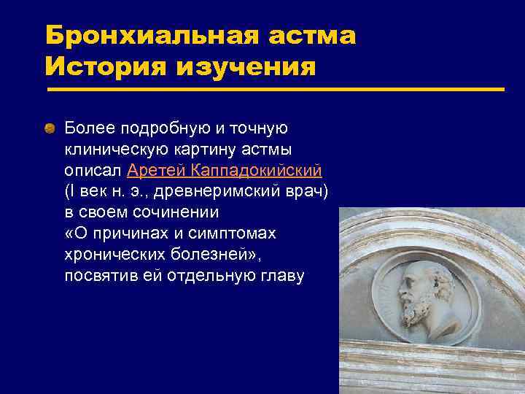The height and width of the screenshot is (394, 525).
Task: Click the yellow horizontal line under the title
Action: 276,90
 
